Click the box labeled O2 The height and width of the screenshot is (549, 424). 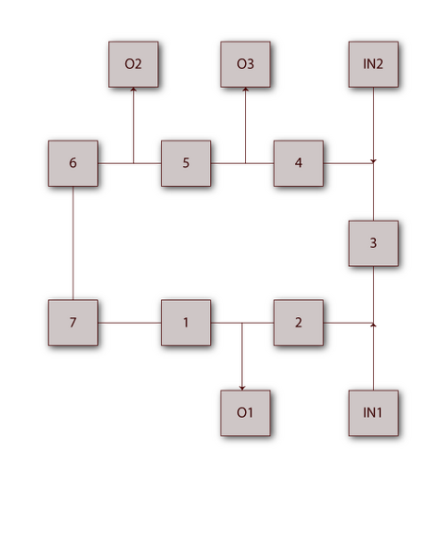click(x=133, y=64)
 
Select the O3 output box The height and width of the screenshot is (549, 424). click(x=245, y=64)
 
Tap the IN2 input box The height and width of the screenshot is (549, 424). click(x=373, y=64)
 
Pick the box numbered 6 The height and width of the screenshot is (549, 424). click(x=73, y=163)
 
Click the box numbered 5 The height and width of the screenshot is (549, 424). click(x=186, y=163)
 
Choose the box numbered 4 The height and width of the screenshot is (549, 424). click(x=299, y=163)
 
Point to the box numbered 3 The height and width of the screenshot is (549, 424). click(x=373, y=243)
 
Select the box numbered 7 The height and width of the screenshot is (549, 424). click(x=73, y=323)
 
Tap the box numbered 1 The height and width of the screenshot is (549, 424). click(x=186, y=323)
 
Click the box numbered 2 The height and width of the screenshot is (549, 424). click(x=299, y=323)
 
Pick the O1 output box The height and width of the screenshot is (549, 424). click(x=245, y=413)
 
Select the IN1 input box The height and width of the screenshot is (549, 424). click(x=373, y=413)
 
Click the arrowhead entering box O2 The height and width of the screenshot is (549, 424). click(x=133, y=90)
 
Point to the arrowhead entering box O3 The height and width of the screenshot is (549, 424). click(x=245, y=90)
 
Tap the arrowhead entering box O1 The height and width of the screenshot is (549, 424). click(x=242, y=388)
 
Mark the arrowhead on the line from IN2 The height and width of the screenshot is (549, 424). click(x=373, y=161)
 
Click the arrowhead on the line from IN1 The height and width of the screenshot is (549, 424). click(x=373, y=324)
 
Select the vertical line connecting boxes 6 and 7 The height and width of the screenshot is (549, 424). click(x=73, y=243)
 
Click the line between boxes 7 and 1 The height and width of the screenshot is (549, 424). click(x=129, y=323)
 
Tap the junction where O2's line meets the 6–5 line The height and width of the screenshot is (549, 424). click(x=133, y=163)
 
